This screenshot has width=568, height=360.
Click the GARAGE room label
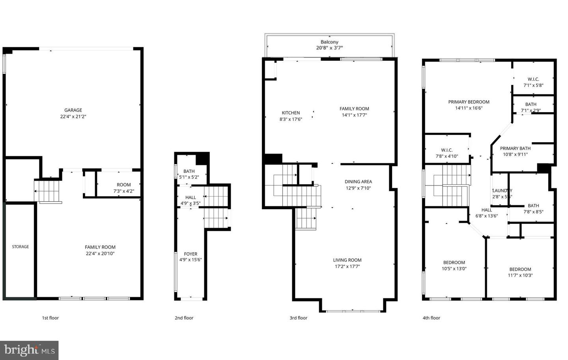click(73, 110)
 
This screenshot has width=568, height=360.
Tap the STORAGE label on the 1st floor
click(21, 247)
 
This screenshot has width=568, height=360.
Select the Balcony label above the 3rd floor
click(329, 42)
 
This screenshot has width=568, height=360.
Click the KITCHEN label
click(291, 113)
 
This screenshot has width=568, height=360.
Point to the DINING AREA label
click(358, 182)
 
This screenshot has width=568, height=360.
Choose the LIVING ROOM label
click(347, 260)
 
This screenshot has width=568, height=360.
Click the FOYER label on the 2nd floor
click(191, 254)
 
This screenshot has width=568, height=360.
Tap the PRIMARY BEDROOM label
click(469, 102)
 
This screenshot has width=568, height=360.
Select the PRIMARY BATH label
click(515, 148)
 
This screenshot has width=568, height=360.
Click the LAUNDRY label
click(502, 191)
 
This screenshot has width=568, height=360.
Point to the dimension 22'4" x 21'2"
click(73, 116)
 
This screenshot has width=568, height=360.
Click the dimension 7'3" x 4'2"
click(123, 191)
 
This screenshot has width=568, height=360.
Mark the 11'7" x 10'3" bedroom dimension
click(520, 276)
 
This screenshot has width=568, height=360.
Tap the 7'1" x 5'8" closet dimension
click(533, 85)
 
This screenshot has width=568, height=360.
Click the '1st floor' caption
click(50, 318)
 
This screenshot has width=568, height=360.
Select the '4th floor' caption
click(431, 318)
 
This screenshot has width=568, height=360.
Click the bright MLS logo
click(29, 350)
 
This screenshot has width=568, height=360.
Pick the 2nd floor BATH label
click(189, 171)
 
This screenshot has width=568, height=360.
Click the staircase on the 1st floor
click(47, 191)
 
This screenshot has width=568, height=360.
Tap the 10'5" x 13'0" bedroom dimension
click(454, 269)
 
